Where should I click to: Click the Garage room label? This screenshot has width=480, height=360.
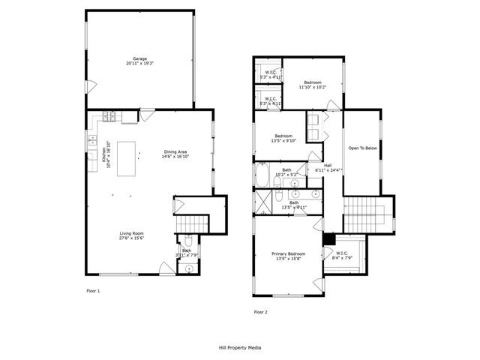(x=139, y=61)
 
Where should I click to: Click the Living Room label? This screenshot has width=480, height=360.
(x=131, y=235)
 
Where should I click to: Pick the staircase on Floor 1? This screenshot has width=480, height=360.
(x=191, y=223)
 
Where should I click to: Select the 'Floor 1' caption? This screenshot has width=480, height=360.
(x=93, y=289)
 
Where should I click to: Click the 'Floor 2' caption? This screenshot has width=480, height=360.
(x=260, y=311)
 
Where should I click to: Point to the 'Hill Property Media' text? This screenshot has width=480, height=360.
(x=240, y=348)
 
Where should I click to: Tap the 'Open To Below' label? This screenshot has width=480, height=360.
(x=361, y=148)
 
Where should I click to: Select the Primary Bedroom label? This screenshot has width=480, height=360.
(x=288, y=256)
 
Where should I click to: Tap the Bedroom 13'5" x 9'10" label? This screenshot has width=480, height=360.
(x=283, y=137)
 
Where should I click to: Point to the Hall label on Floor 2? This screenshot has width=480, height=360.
(x=328, y=167)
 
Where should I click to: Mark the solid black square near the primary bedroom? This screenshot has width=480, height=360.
(x=328, y=238)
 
